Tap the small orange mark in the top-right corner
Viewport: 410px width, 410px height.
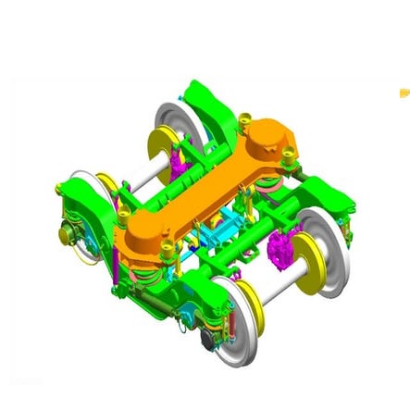click(x=404, y=92)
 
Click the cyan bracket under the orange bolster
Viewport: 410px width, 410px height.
click(x=223, y=227)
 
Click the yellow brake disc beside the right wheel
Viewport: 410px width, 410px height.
click(x=306, y=254)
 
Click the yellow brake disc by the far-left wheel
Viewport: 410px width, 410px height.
click(x=107, y=185)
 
